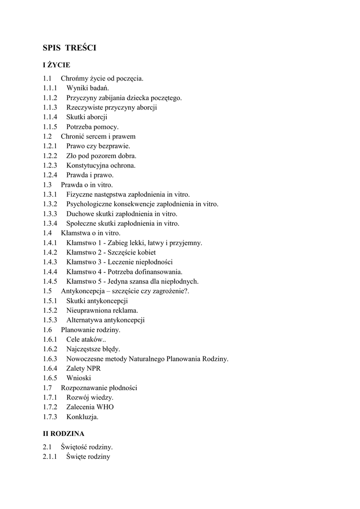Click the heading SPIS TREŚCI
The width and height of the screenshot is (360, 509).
coord(69,48)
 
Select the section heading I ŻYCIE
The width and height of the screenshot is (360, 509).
coord(56,65)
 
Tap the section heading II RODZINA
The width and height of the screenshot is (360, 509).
coord(64,433)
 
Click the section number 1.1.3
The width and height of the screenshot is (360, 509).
coord(50,107)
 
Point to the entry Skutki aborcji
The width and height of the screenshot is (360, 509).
coord(87,117)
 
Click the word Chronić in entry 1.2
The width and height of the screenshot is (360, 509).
coord(73,136)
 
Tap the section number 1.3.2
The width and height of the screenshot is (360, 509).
coord(50,204)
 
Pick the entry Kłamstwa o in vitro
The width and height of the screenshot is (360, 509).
coord(90,233)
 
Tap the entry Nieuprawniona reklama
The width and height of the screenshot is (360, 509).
coord(102,310)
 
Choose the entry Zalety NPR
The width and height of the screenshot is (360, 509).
coord(84,368)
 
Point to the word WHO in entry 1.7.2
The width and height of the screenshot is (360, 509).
coord(106,407)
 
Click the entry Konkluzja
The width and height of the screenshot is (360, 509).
coord(83,417)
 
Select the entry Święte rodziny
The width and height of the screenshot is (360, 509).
coord(88,457)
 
